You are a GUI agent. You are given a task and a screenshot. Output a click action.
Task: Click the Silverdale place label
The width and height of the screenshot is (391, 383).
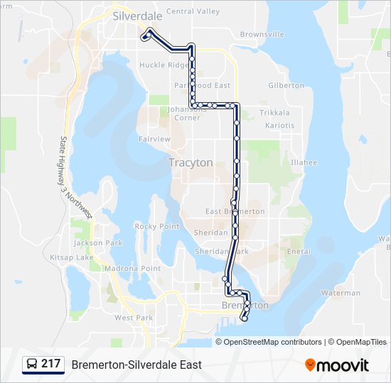click(137, 15)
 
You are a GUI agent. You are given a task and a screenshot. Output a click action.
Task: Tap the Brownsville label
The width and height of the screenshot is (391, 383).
click(262, 34)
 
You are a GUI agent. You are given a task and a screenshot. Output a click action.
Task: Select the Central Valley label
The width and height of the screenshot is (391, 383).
click(193, 11)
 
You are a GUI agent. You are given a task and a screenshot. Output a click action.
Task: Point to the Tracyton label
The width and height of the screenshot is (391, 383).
click(191, 162)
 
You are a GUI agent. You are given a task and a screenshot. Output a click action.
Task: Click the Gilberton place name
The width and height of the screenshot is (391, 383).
click(286, 86)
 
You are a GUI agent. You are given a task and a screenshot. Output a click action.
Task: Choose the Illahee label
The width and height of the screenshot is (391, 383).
click(304, 162)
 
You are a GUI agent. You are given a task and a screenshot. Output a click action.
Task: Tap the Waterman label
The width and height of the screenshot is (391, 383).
click(341, 293)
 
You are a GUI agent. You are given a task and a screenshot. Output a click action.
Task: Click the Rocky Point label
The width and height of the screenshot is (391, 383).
click(157, 226)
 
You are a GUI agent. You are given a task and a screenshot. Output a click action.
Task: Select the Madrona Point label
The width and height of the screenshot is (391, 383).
click(132, 269)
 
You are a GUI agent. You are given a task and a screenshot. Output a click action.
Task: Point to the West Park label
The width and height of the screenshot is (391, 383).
click(134, 318)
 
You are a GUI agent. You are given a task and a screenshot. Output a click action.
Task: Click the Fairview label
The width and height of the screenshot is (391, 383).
click(154, 139)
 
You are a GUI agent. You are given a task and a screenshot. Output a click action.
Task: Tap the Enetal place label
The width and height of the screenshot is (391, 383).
click(299, 252)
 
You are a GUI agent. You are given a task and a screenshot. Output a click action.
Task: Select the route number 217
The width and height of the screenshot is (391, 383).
click(50, 364)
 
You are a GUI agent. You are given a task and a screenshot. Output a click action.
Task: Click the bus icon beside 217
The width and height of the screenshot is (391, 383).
click(32, 365)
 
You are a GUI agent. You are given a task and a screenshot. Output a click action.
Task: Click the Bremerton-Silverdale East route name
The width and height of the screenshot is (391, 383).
click(136, 365)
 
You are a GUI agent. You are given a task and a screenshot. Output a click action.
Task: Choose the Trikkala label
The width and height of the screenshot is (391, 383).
click(274, 113)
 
